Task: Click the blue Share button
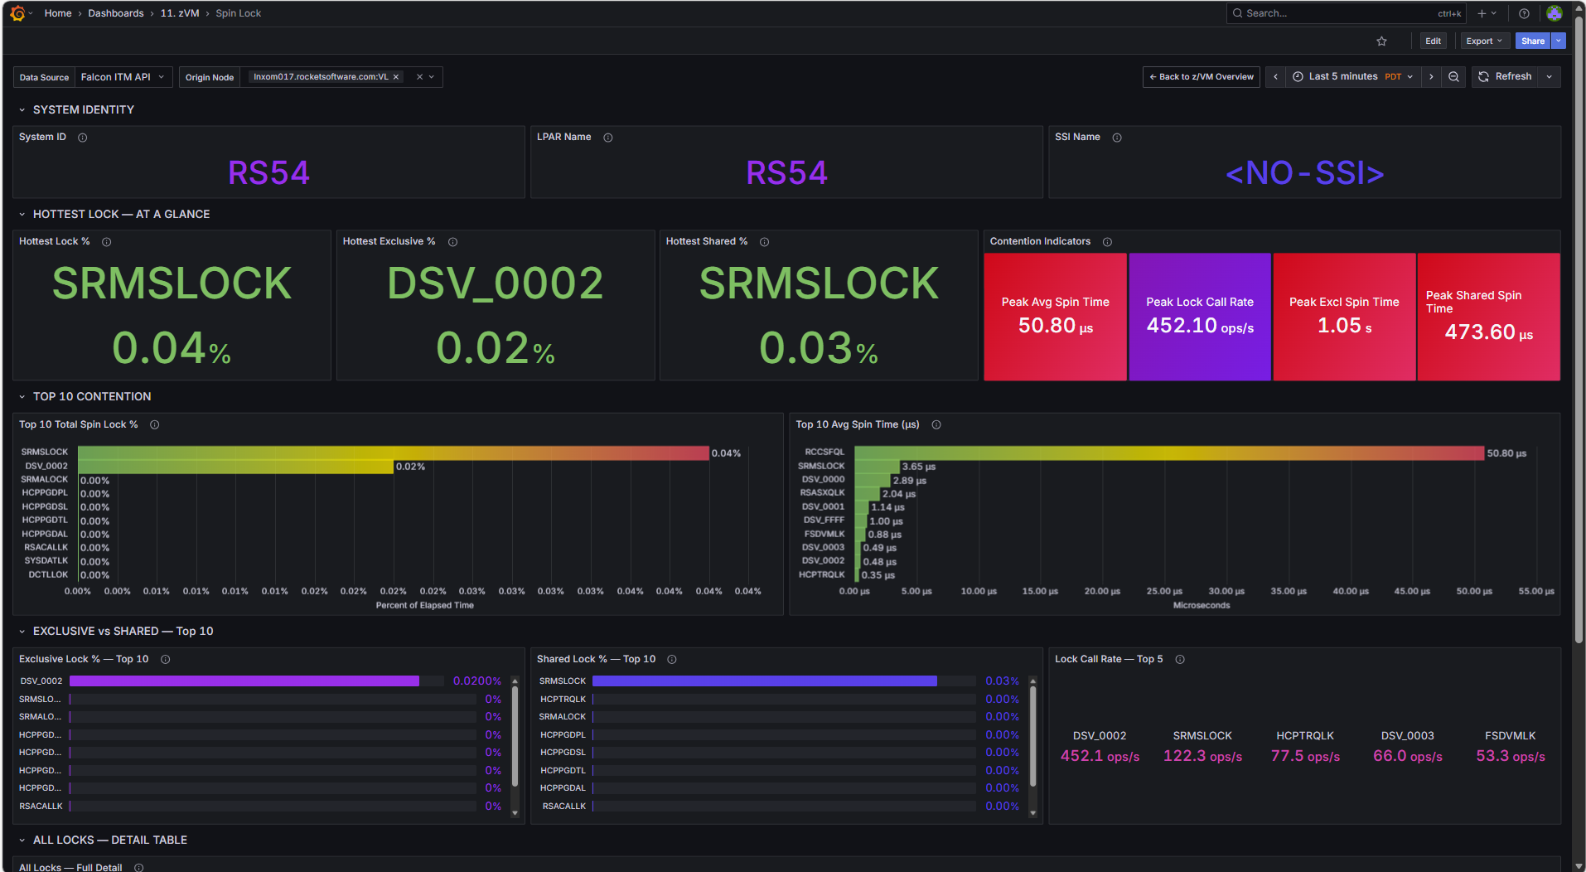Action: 1533,41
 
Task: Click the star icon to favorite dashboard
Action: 1381,41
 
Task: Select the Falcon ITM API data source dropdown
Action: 123,77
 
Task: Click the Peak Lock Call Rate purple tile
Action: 1200,317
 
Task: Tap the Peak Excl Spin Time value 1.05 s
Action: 1344,326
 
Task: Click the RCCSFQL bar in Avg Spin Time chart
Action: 1169,453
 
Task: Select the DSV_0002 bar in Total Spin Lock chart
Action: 235,467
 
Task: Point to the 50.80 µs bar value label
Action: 1506,453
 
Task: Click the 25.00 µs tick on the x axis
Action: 1164,592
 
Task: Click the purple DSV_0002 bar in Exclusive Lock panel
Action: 244,681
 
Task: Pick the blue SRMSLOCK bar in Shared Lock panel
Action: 765,681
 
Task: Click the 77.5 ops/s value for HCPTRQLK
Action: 1305,756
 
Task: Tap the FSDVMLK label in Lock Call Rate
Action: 1510,736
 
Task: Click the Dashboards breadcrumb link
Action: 116,13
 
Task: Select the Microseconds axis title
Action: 1202,606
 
